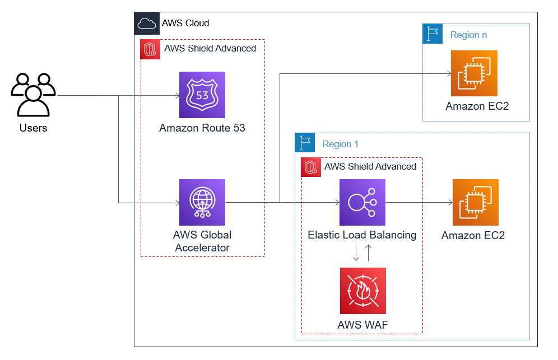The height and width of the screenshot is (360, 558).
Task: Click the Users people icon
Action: pyautogui.click(x=34, y=93)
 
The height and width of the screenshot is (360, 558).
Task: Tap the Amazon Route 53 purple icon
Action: pyautogui.click(x=202, y=95)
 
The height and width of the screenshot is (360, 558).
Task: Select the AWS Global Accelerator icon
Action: pyautogui.click(x=202, y=202)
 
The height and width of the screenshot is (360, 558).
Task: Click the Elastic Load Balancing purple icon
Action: pyautogui.click(x=362, y=202)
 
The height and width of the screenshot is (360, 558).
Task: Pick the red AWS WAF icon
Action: pyautogui.click(x=362, y=291)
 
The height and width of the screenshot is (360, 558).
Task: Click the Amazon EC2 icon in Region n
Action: pyautogui.click(x=474, y=73)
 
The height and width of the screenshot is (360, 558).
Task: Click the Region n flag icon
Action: pyautogui.click(x=432, y=34)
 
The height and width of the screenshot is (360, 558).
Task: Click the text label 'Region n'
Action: pyautogui.click(x=468, y=35)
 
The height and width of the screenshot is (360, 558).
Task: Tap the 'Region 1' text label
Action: pyautogui.click(x=341, y=144)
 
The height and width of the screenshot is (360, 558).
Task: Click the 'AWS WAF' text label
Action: pyautogui.click(x=362, y=325)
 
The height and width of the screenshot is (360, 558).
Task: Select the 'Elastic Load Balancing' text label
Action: pyautogui.click(x=362, y=235)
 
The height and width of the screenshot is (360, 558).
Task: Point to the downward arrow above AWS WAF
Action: pyautogui.click(x=356, y=253)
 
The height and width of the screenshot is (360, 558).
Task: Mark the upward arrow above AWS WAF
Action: pyautogui.click(x=369, y=253)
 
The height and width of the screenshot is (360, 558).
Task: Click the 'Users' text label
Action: pyautogui.click(x=34, y=128)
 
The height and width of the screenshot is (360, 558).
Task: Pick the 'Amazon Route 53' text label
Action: pyautogui.click(x=202, y=128)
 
